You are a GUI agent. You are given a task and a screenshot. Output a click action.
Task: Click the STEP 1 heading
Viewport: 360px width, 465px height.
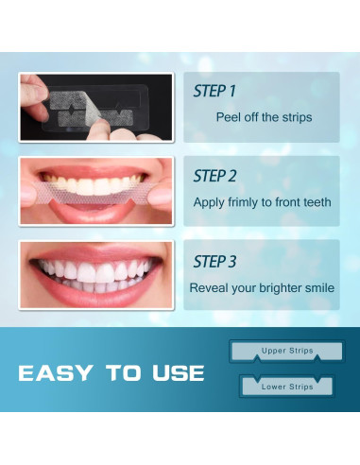click(x=214, y=91)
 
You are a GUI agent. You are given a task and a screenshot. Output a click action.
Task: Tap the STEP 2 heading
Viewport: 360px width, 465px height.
click(x=214, y=176)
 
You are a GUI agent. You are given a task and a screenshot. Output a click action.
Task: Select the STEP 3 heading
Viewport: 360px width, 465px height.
click(x=214, y=262)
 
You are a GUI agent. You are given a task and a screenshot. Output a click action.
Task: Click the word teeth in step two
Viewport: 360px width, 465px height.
click(x=317, y=202)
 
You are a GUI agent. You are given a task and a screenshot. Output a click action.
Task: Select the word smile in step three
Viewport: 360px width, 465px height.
click(x=320, y=288)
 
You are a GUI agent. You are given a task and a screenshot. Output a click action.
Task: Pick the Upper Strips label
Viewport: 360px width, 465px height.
click(x=287, y=351)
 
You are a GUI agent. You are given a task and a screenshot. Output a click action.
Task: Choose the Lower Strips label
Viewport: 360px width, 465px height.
click(x=287, y=387)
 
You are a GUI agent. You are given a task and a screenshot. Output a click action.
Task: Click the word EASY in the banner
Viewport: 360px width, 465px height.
click(x=56, y=373)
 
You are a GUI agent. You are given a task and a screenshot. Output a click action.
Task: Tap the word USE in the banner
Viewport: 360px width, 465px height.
click(x=179, y=373)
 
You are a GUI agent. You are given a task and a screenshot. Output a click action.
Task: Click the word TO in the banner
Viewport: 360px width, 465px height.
click(x=123, y=373)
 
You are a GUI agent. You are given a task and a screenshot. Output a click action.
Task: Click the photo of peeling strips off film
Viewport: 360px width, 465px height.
click(x=96, y=108)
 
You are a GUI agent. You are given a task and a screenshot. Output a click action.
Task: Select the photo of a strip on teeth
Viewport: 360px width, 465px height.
click(x=96, y=191)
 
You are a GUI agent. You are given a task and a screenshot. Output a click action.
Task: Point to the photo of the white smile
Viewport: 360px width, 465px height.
click(x=96, y=275)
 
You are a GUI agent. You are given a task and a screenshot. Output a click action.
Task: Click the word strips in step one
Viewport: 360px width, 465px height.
click(x=297, y=117)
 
